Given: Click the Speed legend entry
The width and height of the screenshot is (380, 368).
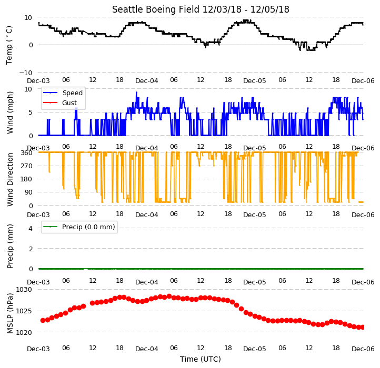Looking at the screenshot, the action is [63, 93].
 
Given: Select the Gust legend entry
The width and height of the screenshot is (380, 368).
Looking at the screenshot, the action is [60, 103].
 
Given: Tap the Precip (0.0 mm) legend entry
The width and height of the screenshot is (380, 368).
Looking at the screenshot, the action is [79, 227].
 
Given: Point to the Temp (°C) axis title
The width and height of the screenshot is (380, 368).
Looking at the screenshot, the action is [9, 45].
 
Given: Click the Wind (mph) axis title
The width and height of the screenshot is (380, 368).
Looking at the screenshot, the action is [10, 113].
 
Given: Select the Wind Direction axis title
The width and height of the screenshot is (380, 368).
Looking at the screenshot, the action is [10, 179].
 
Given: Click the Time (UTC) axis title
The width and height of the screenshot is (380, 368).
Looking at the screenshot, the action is [201, 359].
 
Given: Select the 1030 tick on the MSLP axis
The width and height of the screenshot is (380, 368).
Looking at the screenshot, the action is [24, 290].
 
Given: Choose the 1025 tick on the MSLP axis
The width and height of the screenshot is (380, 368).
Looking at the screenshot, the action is [24, 311].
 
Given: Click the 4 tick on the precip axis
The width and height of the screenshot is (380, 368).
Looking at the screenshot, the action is [31, 228].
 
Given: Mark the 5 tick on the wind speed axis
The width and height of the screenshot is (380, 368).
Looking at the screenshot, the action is [31, 113].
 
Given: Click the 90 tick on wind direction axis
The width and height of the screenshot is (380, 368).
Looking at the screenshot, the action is [28, 192].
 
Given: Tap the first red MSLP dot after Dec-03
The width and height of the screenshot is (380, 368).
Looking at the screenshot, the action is [43, 320].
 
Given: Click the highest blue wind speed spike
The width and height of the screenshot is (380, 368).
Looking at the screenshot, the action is [136, 93].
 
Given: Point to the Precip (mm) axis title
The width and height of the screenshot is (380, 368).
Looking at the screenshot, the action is [10, 246].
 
